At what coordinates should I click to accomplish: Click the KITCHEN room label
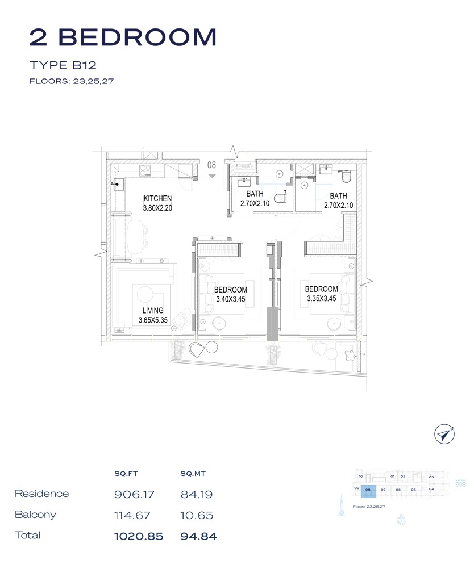coord(157,198)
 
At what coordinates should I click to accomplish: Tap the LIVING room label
coord(153,311)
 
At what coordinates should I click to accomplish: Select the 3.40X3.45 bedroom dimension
coord(231,298)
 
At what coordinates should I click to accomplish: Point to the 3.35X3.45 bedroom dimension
coord(322,298)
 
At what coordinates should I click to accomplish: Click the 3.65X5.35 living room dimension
coord(153,320)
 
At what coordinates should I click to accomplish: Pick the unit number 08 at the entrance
coord(212,165)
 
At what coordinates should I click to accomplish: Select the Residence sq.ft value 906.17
coord(135,494)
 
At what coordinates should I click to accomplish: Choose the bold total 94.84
coord(198,536)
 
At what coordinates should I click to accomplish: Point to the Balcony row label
coord(35,515)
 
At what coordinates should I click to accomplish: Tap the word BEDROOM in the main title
coord(138,37)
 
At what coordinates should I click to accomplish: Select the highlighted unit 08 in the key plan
coord(368,489)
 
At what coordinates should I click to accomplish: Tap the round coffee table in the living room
coord(145,294)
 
